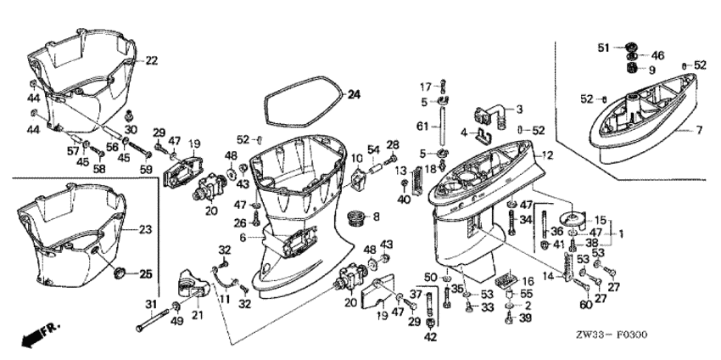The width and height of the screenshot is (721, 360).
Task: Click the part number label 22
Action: [151, 60]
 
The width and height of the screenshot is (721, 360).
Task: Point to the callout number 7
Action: [700, 130]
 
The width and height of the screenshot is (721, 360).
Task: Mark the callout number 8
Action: [377, 217]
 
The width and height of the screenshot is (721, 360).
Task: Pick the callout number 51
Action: [606, 47]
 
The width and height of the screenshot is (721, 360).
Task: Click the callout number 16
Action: [526, 280]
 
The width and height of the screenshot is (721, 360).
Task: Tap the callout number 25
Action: [145, 273]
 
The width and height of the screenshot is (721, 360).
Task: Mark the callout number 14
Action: [548, 276]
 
